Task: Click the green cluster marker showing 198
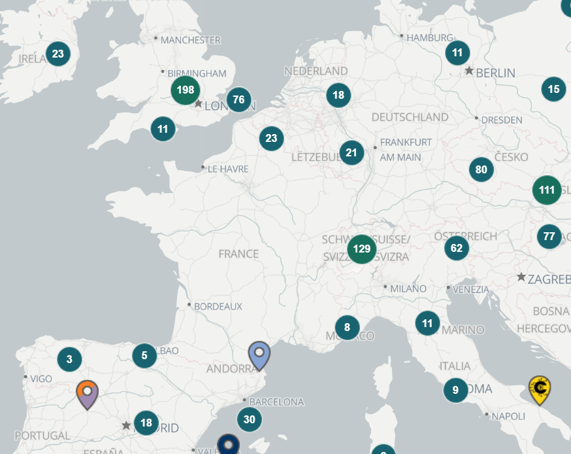186,90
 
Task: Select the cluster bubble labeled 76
238,100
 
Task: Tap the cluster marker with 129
361,249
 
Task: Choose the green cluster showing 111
547,190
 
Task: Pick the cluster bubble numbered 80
481,170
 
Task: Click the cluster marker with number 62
457,248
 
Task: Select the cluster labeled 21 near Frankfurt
352,153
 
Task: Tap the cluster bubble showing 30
249,419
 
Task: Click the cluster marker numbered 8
347,327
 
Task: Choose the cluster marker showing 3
69,358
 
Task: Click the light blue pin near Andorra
259,355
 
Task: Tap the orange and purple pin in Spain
87,393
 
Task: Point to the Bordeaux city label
218,306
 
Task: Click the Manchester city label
190,40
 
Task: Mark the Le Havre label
228,169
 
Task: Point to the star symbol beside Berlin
469,71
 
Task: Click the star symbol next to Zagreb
521,277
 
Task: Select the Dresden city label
502,120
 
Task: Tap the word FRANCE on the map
238,254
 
